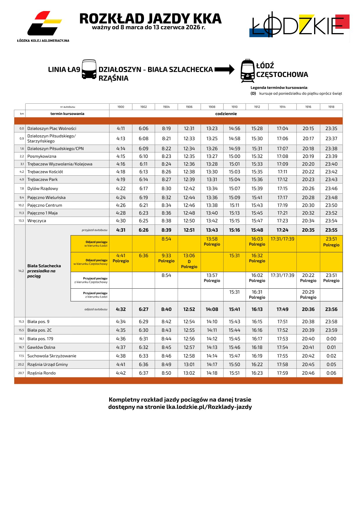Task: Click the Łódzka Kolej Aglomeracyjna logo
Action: click(44, 26)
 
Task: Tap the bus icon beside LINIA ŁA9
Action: click(89, 69)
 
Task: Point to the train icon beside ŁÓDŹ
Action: click(247, 71)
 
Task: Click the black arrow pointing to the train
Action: click(224, 69)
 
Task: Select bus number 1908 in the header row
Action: click(212, 107)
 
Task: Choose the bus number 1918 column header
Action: click(331, 107)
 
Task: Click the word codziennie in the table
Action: click(226, 114)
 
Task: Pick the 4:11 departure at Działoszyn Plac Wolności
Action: click(121, 128)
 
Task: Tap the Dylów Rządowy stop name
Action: click(43, 188)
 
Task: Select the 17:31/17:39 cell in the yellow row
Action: click(282, 239)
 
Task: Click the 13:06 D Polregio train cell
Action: click(189, 261)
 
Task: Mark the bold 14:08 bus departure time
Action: click(212, 309)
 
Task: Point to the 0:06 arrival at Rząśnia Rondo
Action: click(331, 373)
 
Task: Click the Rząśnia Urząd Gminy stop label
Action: click(48, 364)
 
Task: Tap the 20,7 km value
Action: click(21, 373)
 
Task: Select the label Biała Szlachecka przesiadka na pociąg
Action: click(44, 271)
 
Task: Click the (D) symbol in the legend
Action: click(253, 93)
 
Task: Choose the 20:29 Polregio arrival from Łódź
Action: click(308, 294)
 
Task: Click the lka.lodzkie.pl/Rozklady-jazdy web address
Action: click(209, 407)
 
